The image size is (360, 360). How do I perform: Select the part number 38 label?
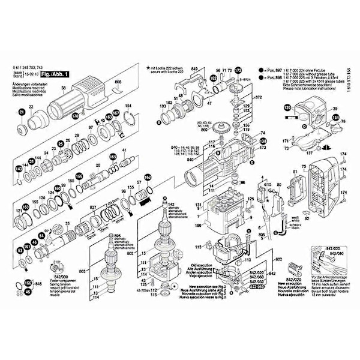64,88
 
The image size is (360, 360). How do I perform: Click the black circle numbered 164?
335,118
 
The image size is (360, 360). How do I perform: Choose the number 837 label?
93,206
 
